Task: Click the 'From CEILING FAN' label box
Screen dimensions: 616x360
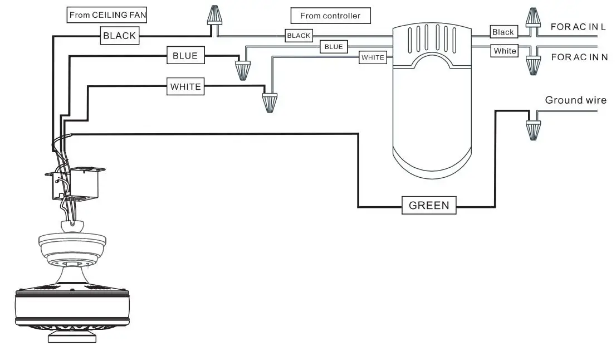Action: point(107,15)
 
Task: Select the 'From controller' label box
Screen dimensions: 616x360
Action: point(330,16)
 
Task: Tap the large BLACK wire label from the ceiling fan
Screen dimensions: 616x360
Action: point(119,36)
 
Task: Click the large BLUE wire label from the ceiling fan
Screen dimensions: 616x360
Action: point(185,55)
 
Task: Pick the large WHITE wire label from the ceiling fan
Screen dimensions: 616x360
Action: point(185,86)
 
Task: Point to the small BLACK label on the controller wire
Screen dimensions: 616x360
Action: point(299,36)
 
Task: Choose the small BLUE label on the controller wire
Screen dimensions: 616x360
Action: point(334,47)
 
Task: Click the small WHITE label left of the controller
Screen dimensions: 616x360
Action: point(373,57)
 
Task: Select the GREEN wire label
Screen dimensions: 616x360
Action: point(429,205)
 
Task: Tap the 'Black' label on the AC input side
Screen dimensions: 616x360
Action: point(504,32)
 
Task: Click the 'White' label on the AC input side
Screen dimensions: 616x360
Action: point(505,51)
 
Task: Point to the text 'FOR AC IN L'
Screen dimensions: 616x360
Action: point(578,27)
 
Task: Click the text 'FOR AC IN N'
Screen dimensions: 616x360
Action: point(579,57)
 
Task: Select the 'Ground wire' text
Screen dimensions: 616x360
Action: point(575,100)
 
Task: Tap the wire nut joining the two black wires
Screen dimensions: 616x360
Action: point(214,16)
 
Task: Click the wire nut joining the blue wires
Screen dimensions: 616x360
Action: point(243,71)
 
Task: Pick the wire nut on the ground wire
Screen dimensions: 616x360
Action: point(533,130)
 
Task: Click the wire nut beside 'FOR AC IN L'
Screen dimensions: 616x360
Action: point(532,18)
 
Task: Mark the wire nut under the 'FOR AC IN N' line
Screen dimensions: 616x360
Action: point(533,66)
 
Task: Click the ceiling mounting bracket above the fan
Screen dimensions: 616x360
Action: point(75,183)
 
